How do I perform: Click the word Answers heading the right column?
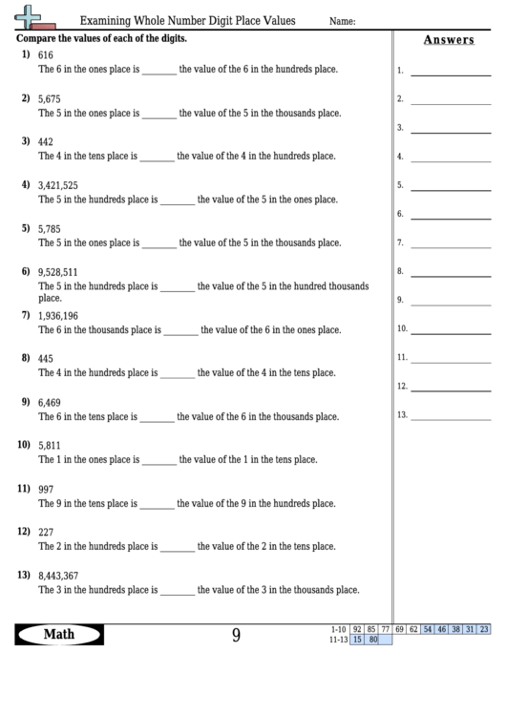point(448,39)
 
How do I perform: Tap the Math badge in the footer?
point(59,634)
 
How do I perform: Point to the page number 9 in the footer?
point(236,635)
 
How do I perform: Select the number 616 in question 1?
point(46,56)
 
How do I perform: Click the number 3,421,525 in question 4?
point(58,185)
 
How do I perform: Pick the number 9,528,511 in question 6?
point(58,272)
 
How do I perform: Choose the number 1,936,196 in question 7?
point(58,316)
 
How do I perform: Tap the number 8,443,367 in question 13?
point(58,576)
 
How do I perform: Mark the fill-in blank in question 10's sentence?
point(159,461)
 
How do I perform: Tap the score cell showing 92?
point(357,629)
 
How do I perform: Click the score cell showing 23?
point(484,629)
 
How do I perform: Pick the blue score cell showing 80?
point(372,640)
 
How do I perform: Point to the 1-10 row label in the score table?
point(337,629)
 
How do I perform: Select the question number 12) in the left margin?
point(24,531)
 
